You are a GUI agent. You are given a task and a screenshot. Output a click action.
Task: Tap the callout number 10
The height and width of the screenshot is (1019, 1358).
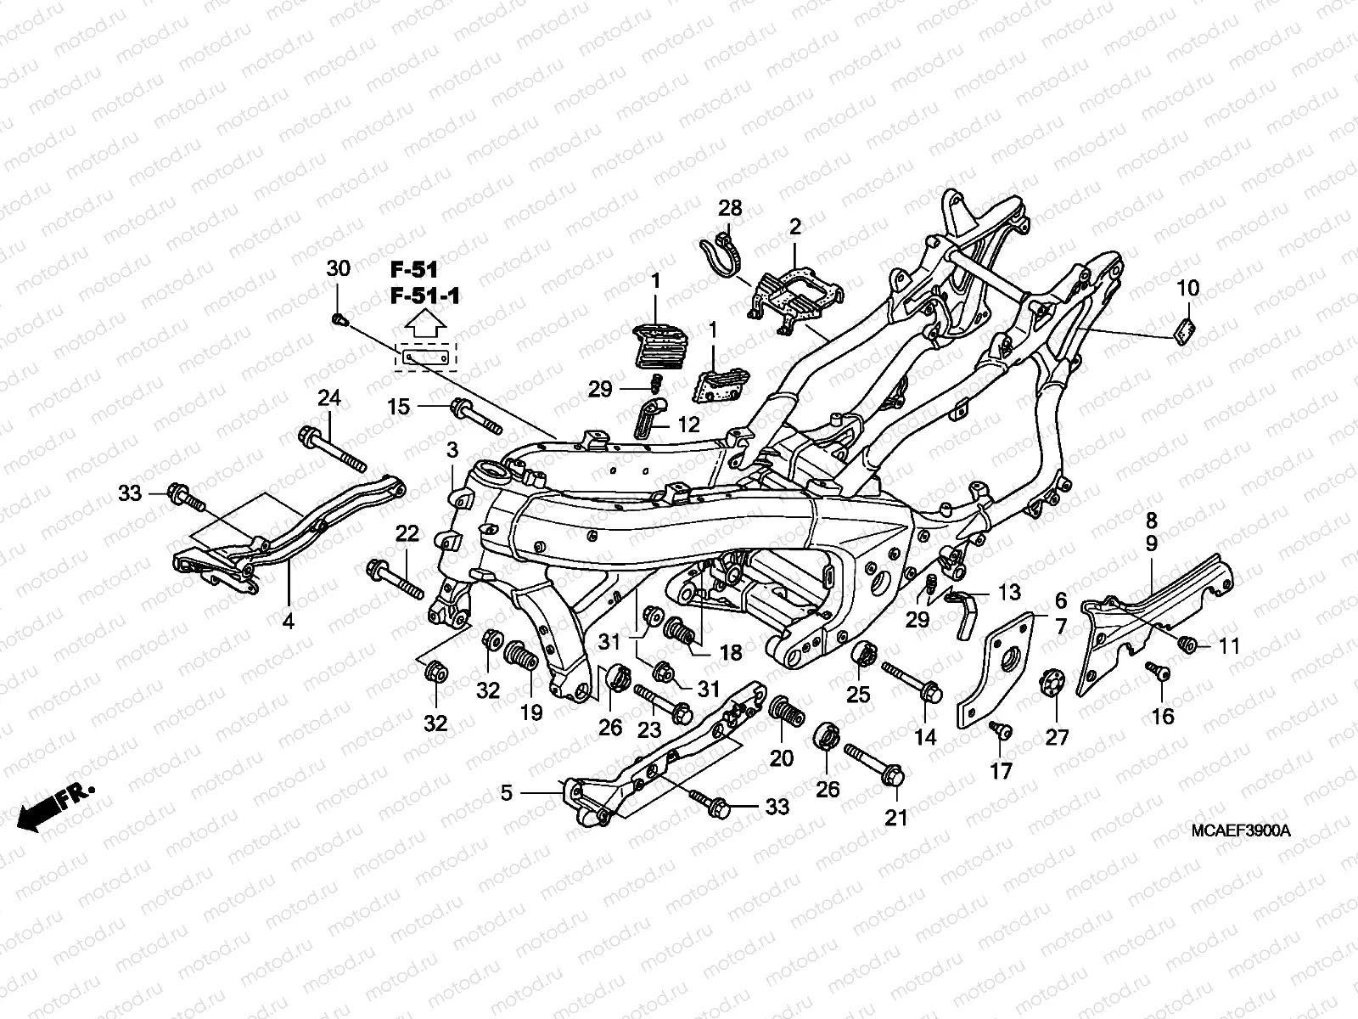tap(1188, 288)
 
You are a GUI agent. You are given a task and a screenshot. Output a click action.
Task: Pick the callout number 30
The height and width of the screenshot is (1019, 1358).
tap(338, 269)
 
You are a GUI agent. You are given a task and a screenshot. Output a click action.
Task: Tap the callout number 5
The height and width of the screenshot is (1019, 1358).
tap(507, 793)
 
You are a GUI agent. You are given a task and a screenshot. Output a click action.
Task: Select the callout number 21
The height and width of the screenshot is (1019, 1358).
tap(896, 818)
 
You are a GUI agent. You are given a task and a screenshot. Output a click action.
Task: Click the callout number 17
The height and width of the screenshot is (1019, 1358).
tap(1002, 770)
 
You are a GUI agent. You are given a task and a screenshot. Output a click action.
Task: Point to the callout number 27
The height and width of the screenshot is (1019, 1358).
tap(1057, 736)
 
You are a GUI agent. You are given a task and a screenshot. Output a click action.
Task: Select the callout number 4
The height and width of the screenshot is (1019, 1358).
tap(288, 622)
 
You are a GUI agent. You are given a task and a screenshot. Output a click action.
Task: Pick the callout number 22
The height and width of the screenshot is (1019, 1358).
tap(407, 533)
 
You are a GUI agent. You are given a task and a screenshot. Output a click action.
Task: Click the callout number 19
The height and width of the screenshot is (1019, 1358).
tap(531, 712)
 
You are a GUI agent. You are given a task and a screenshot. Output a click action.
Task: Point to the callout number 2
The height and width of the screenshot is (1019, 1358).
tap(794, 227)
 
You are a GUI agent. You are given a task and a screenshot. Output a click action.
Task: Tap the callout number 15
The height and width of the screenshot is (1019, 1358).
tap(399, 407)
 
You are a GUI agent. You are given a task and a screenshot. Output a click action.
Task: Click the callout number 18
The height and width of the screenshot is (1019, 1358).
tap(731, 652)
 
